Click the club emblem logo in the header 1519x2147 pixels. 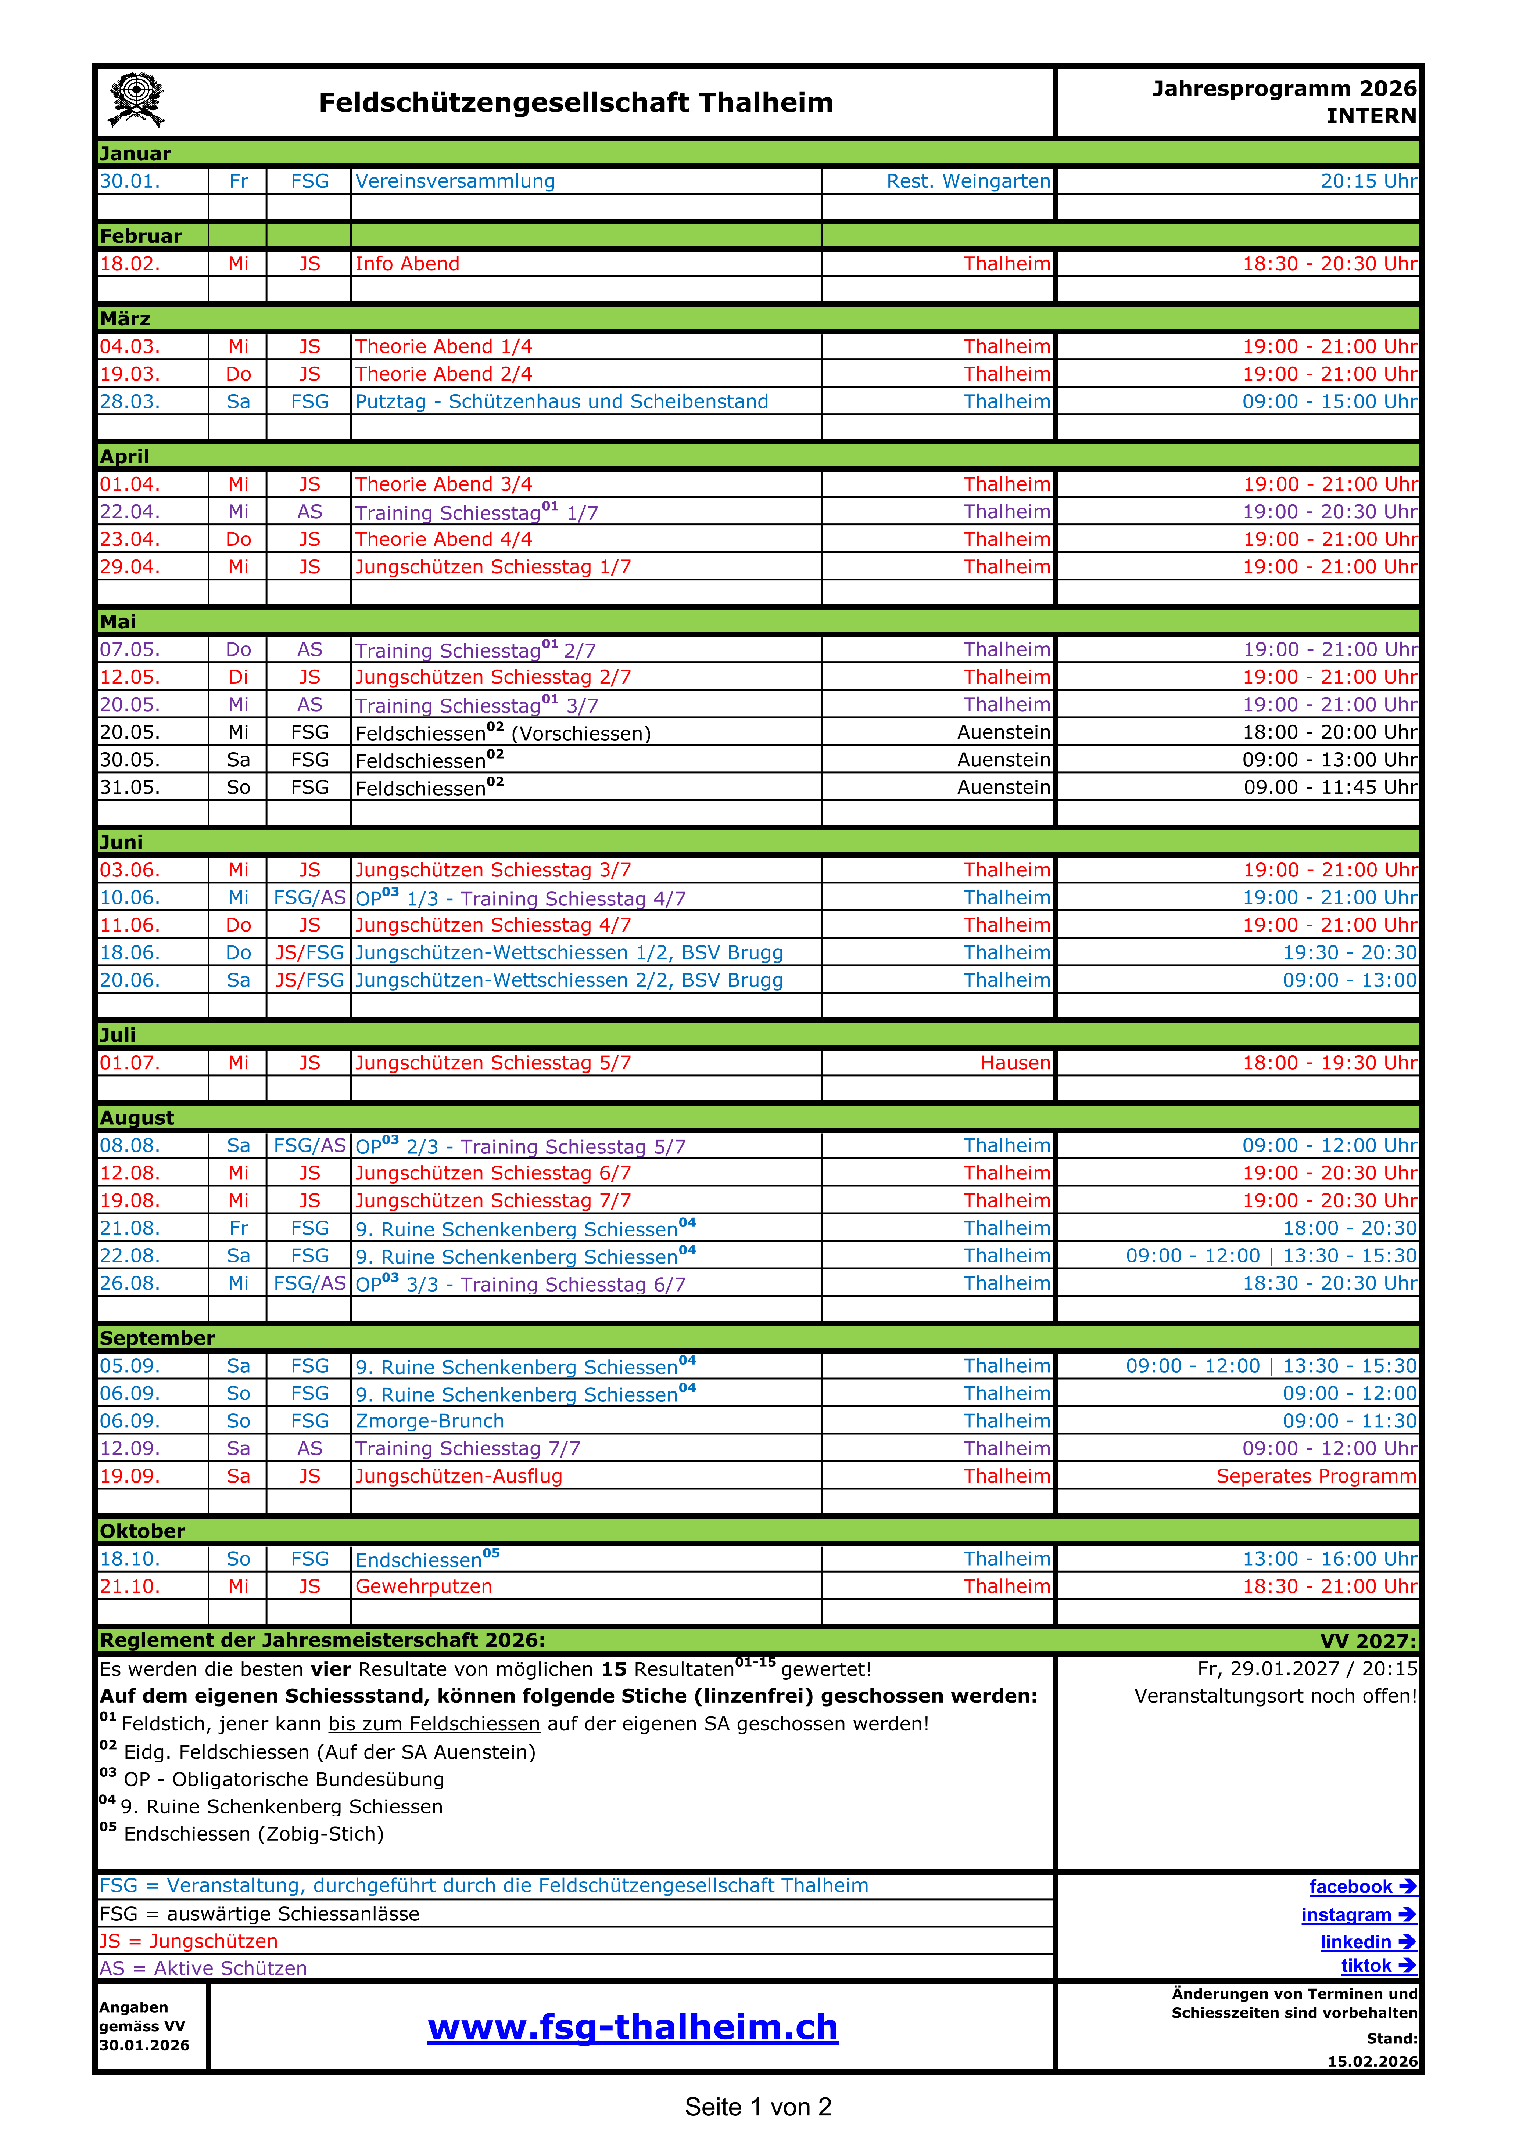pos(137,100)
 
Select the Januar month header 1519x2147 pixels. pos(136,154)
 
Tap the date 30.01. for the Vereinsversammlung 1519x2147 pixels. pos(130,181)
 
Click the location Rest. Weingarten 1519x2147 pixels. pos(968,181)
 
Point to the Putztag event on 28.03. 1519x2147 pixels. pos(561,401)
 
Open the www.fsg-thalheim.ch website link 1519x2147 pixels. pos(633,2027)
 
